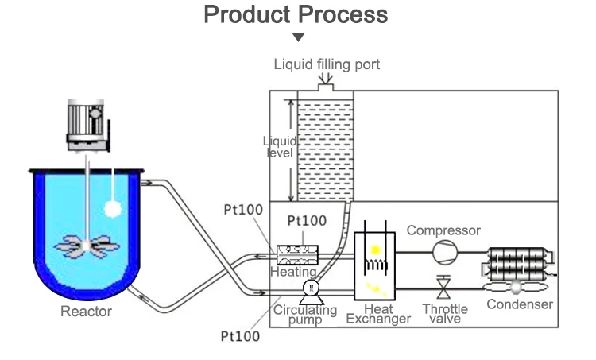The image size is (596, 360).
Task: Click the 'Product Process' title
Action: point(296,14)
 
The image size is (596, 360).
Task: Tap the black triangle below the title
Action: point(298,37)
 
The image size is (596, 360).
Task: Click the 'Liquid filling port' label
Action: point(327,64)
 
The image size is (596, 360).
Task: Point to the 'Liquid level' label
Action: point(280,146)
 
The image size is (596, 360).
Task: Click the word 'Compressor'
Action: point(443,230)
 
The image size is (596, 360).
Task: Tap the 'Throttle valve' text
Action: point(445,313)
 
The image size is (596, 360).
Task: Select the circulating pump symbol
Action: point(311,288)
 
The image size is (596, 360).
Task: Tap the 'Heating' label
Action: point(293,272)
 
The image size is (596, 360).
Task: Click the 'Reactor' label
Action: point(86,312)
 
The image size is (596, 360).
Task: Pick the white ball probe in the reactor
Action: point(114,208)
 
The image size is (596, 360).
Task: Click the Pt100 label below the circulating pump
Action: point(239,335)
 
